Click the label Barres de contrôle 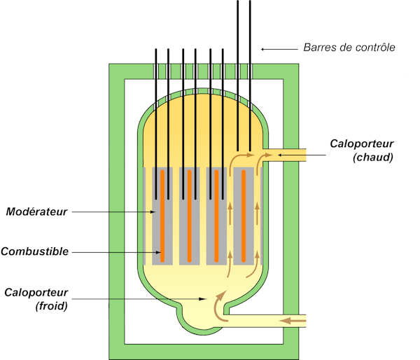(349, 48)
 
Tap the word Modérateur (37, 211)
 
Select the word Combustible (35, 251)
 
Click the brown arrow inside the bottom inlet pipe (293, 321)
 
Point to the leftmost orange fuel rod (162, 216)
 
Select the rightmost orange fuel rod (244, 216)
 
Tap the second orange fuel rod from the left (189, 216)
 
